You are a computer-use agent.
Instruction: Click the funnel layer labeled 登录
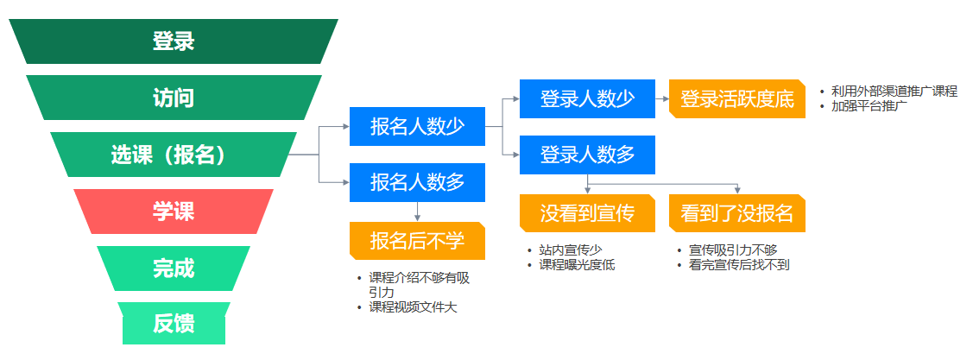(174, 41)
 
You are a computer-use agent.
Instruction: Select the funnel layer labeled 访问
(174, 98)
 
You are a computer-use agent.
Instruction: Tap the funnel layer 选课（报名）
(174, 155)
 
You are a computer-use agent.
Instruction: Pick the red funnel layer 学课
(174, 212)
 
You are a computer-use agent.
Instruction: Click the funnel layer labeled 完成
(174, 268)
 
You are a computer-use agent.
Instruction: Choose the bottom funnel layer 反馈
(174, 324)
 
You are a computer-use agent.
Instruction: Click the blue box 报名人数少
(417, 127)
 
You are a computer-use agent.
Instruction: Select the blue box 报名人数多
(417, 182)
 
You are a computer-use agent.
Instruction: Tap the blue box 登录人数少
(587, 99)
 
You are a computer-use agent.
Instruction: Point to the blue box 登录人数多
(587, 155)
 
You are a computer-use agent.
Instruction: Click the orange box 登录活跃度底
(736, 99)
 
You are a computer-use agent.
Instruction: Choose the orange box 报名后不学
(417, 241)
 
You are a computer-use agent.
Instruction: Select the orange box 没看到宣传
(587, 213)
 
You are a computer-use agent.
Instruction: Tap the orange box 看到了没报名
(736, 213)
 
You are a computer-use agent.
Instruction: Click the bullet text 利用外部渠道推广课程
(894, 92)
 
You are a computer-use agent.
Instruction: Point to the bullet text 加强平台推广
(869, 106)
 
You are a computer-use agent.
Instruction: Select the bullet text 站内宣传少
(571, 250)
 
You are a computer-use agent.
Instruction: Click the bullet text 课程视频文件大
(413, 306)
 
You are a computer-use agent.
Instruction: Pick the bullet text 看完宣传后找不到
(739, 265)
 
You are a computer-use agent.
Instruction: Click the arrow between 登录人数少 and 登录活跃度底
(662, 99)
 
